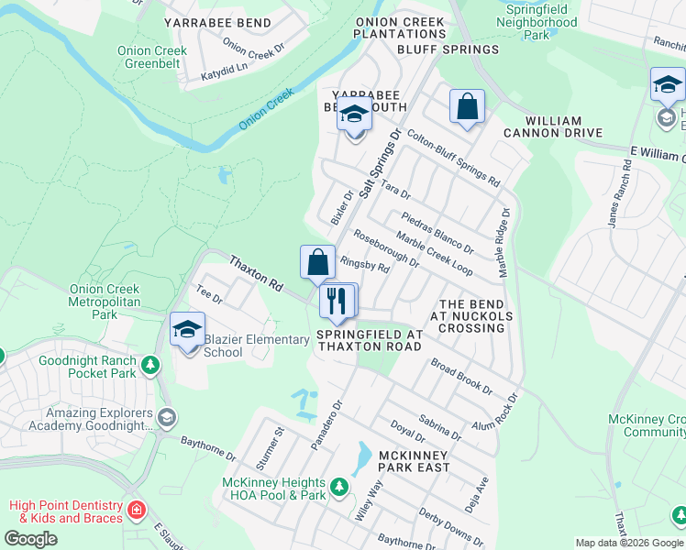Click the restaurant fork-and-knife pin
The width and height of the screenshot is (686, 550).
click(x=337, y=302)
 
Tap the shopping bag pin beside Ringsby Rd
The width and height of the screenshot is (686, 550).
click(x=317, y=263)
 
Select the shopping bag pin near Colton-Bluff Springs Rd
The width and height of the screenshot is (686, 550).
click(x=467, y=106)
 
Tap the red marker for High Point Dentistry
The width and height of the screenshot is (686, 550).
click(x=137, y=510)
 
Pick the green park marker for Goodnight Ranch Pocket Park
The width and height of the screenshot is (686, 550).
click(x=151, y=366)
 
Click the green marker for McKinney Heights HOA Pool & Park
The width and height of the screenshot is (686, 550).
click(x=339, y=485)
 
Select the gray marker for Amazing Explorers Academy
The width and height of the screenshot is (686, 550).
click(x=166, y=418)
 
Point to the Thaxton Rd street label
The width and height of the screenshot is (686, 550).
click(x=256, y=274)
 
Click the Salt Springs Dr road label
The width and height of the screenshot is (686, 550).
click(x=380, y=167)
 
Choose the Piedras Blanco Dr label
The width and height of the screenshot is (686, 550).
click(x=437, y=233)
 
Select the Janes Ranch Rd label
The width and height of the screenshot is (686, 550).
click(x=621, y=192)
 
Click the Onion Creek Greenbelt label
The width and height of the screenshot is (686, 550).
click(x=153, y=59)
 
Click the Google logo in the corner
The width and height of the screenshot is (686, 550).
click(x=31, y=538)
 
